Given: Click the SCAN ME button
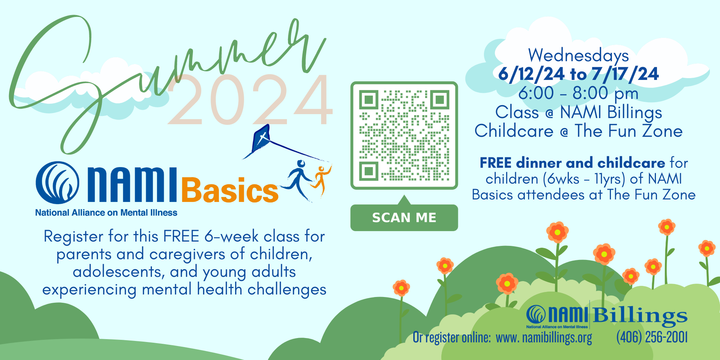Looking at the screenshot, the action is [404, 217].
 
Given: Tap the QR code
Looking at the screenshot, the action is [404, 135].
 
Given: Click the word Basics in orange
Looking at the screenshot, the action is [230, 190].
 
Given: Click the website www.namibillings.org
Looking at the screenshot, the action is [544, 338].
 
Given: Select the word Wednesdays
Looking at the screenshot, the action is [578, 55].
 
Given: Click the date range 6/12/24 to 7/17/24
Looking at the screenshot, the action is [579, 74].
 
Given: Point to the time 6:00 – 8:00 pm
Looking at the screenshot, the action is [578, 94].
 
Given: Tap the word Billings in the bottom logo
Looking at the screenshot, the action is [640, 316].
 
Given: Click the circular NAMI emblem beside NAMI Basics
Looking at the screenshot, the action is [57, 183].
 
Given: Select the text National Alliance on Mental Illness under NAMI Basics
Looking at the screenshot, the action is [106, 213].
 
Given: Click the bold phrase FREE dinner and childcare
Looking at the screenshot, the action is [572, 163].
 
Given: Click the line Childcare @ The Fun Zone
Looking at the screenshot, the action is [579, 131].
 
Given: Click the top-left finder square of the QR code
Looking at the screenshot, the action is [368, 99].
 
